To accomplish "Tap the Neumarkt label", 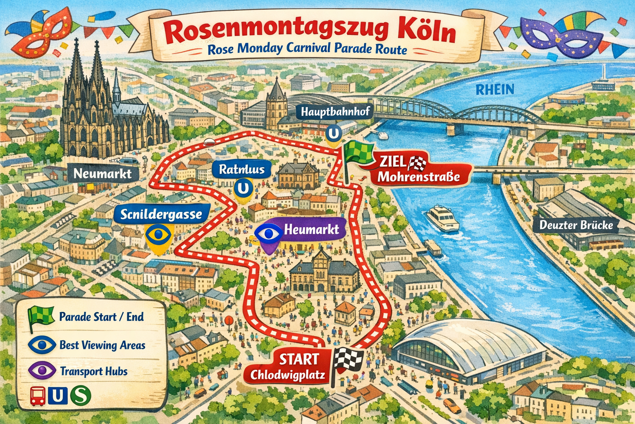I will [x=103, y=173].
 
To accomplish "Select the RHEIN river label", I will [x=494, y=89].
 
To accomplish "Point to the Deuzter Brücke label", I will [x=576, y=225].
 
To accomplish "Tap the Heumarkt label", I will [x=311, y=229].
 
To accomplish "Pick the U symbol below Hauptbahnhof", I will [x=334, y=133].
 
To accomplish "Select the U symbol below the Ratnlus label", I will [x=243, y=188].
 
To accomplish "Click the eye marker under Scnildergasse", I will [x=158, y=235].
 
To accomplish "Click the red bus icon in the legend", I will [x=38, y=396].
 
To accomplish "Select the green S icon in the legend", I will [x=80, y=396].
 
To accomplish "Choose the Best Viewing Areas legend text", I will [x=102, y=345].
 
